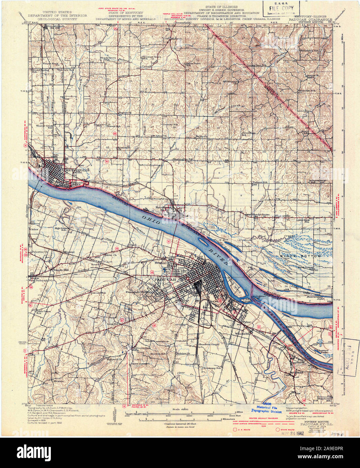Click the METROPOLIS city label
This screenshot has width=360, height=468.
80,171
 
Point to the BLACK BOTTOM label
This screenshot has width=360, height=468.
301,256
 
